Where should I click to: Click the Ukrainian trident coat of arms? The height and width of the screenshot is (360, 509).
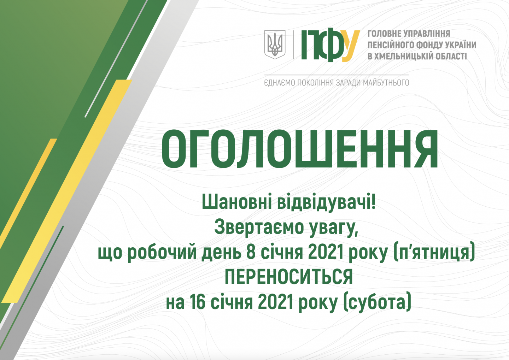pos(275,45)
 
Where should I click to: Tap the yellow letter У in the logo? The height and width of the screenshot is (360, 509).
pos(351,46)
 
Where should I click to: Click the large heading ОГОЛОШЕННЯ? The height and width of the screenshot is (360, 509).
pos(299,149)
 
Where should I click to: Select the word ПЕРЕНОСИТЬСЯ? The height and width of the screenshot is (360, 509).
pos(288,277)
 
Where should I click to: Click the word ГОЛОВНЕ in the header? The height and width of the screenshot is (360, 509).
pos(383,34)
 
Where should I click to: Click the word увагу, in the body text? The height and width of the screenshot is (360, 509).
pos(334,228)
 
